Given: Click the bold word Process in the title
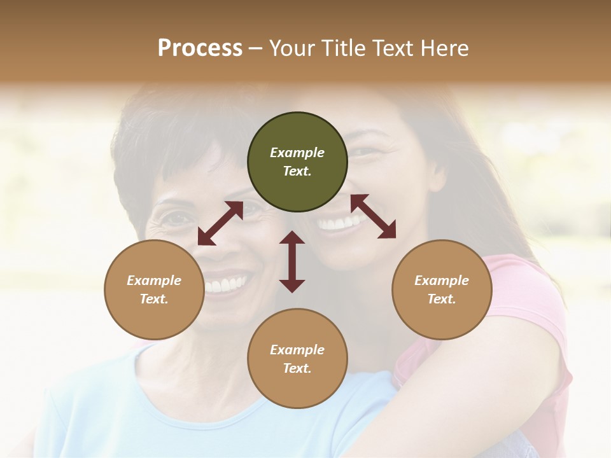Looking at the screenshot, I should [200, 48].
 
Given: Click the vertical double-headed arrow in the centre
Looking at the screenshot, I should [292, 261].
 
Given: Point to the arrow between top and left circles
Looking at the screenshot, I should [220, 223].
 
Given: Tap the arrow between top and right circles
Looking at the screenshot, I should [373, 216].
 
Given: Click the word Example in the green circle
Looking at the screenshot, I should [297, 153].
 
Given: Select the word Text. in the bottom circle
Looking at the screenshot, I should [297, 368].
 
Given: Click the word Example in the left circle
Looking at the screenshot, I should [154, 281].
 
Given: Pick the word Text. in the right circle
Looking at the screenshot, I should [442, 299].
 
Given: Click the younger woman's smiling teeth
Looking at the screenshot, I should [339, 223].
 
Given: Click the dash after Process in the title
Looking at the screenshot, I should [255, 48].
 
